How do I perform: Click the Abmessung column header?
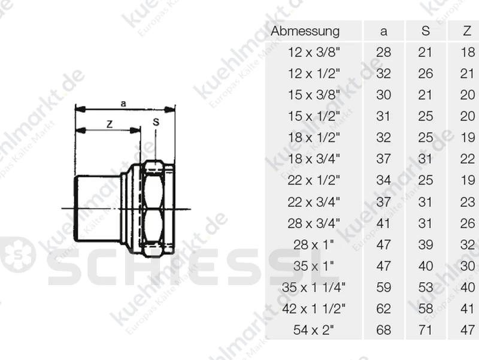[x=305, y=31]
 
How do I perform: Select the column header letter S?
[x=426, y=31]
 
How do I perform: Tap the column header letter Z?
[x=467, y=31]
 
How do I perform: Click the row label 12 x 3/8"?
[x=314, y=52]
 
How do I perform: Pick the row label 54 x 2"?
[x=314, y=330]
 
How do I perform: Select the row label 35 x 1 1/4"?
[x=314, y=288]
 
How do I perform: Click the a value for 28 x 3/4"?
[x=383, y=223]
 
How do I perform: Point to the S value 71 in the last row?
[x=426, y=330]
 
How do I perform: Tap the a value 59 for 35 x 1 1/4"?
[x=383, y=288]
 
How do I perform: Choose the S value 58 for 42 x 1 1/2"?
[x=426, y=308]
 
